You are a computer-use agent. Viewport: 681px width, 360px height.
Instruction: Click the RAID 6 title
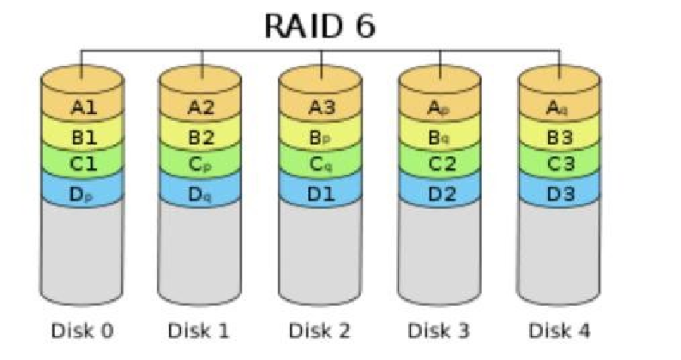tap(320, 26)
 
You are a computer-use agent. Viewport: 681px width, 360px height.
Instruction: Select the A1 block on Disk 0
tap(82, 107)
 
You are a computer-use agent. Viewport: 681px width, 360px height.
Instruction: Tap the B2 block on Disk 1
tap(200, 138)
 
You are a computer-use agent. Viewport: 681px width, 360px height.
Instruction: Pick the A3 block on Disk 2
tap(321, 107)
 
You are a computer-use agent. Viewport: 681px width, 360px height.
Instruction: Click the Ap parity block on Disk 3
tap(439, 107)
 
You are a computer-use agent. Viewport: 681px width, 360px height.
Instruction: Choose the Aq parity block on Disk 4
tap(559, 107)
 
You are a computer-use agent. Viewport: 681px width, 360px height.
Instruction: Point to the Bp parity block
tap(321, 138)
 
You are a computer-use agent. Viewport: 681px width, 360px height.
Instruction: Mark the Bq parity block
tap(439, 138)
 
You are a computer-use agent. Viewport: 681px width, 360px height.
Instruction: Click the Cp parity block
tap(200, 165)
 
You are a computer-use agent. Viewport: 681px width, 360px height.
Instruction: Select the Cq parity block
tap(321, 165)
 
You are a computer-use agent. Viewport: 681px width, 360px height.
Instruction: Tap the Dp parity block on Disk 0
tap(82, 194)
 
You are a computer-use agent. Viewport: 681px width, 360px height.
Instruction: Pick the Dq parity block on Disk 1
tap(200, 194)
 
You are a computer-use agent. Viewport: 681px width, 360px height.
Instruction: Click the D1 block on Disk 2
tap(321, 194)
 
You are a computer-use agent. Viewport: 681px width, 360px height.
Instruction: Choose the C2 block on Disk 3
tap(439, 165)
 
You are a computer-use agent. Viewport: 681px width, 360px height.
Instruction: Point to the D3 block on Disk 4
tap(559, 194)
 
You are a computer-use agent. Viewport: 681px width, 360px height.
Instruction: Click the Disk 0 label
tap(82, 331)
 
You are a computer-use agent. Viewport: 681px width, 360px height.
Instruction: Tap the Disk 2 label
tap(320, 331)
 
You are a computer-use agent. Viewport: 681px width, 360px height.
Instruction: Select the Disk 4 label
tap(559, 331)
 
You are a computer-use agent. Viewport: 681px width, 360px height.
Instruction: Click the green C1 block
tap(82, 165)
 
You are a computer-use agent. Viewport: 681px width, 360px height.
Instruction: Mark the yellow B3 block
tap(559, 138)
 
